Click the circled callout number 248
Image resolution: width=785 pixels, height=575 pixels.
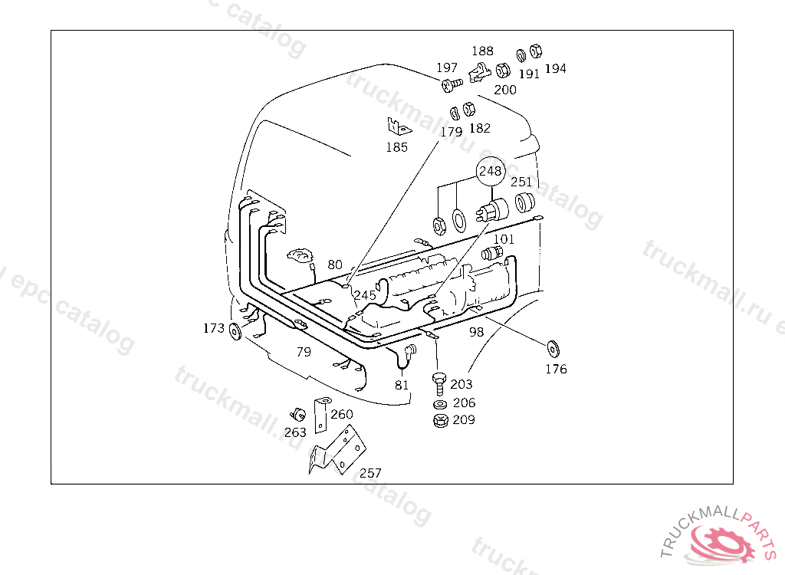click(491, 172)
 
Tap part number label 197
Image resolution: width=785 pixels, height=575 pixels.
click(447, 68)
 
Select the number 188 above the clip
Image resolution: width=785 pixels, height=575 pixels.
click(482, 51)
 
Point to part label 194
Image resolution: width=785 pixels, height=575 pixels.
click(555, 68)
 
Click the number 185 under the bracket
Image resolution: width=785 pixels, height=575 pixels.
click(396, 147)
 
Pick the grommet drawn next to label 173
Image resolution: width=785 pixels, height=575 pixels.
click(235, 331)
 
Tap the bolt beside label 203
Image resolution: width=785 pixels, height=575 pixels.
click(438, 380)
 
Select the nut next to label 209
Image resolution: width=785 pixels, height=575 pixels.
click(440, 420)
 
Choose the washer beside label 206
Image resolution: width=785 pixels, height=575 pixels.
click(440, 404)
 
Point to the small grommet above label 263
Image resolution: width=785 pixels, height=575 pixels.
click(294, 414)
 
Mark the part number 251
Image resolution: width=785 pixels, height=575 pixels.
click(521, 182)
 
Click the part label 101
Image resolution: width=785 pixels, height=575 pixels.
click(504, 239)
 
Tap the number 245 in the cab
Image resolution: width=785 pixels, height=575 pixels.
click(365, 295)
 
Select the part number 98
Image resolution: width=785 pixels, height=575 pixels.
click(476, 332)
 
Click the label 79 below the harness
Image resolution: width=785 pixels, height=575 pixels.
click(304, 352)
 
